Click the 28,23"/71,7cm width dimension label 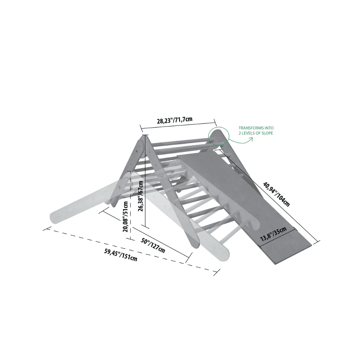click(x=174, y=120)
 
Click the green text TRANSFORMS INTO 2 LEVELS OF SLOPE click(x=256, y=131)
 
